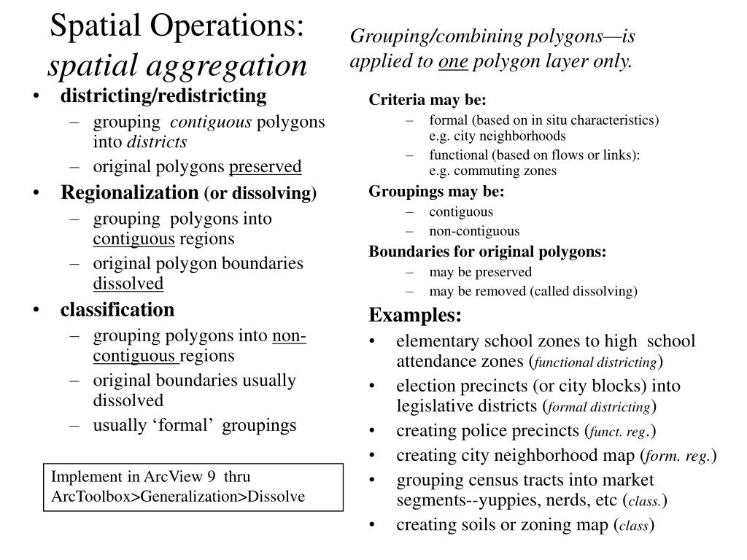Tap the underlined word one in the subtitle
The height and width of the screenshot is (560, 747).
click(453, 61)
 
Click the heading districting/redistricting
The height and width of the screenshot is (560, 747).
click(163, 96)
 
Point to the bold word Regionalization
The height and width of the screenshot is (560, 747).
click(129, 192)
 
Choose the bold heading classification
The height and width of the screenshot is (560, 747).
click(117, 310)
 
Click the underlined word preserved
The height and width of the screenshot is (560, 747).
click(266, 166)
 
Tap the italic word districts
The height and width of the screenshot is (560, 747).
click(158, 141)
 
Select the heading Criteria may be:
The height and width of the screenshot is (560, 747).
click(427, 100)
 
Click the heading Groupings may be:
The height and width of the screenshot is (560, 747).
click(436, 192)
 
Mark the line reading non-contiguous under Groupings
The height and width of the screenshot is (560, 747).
click(474, 231)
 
